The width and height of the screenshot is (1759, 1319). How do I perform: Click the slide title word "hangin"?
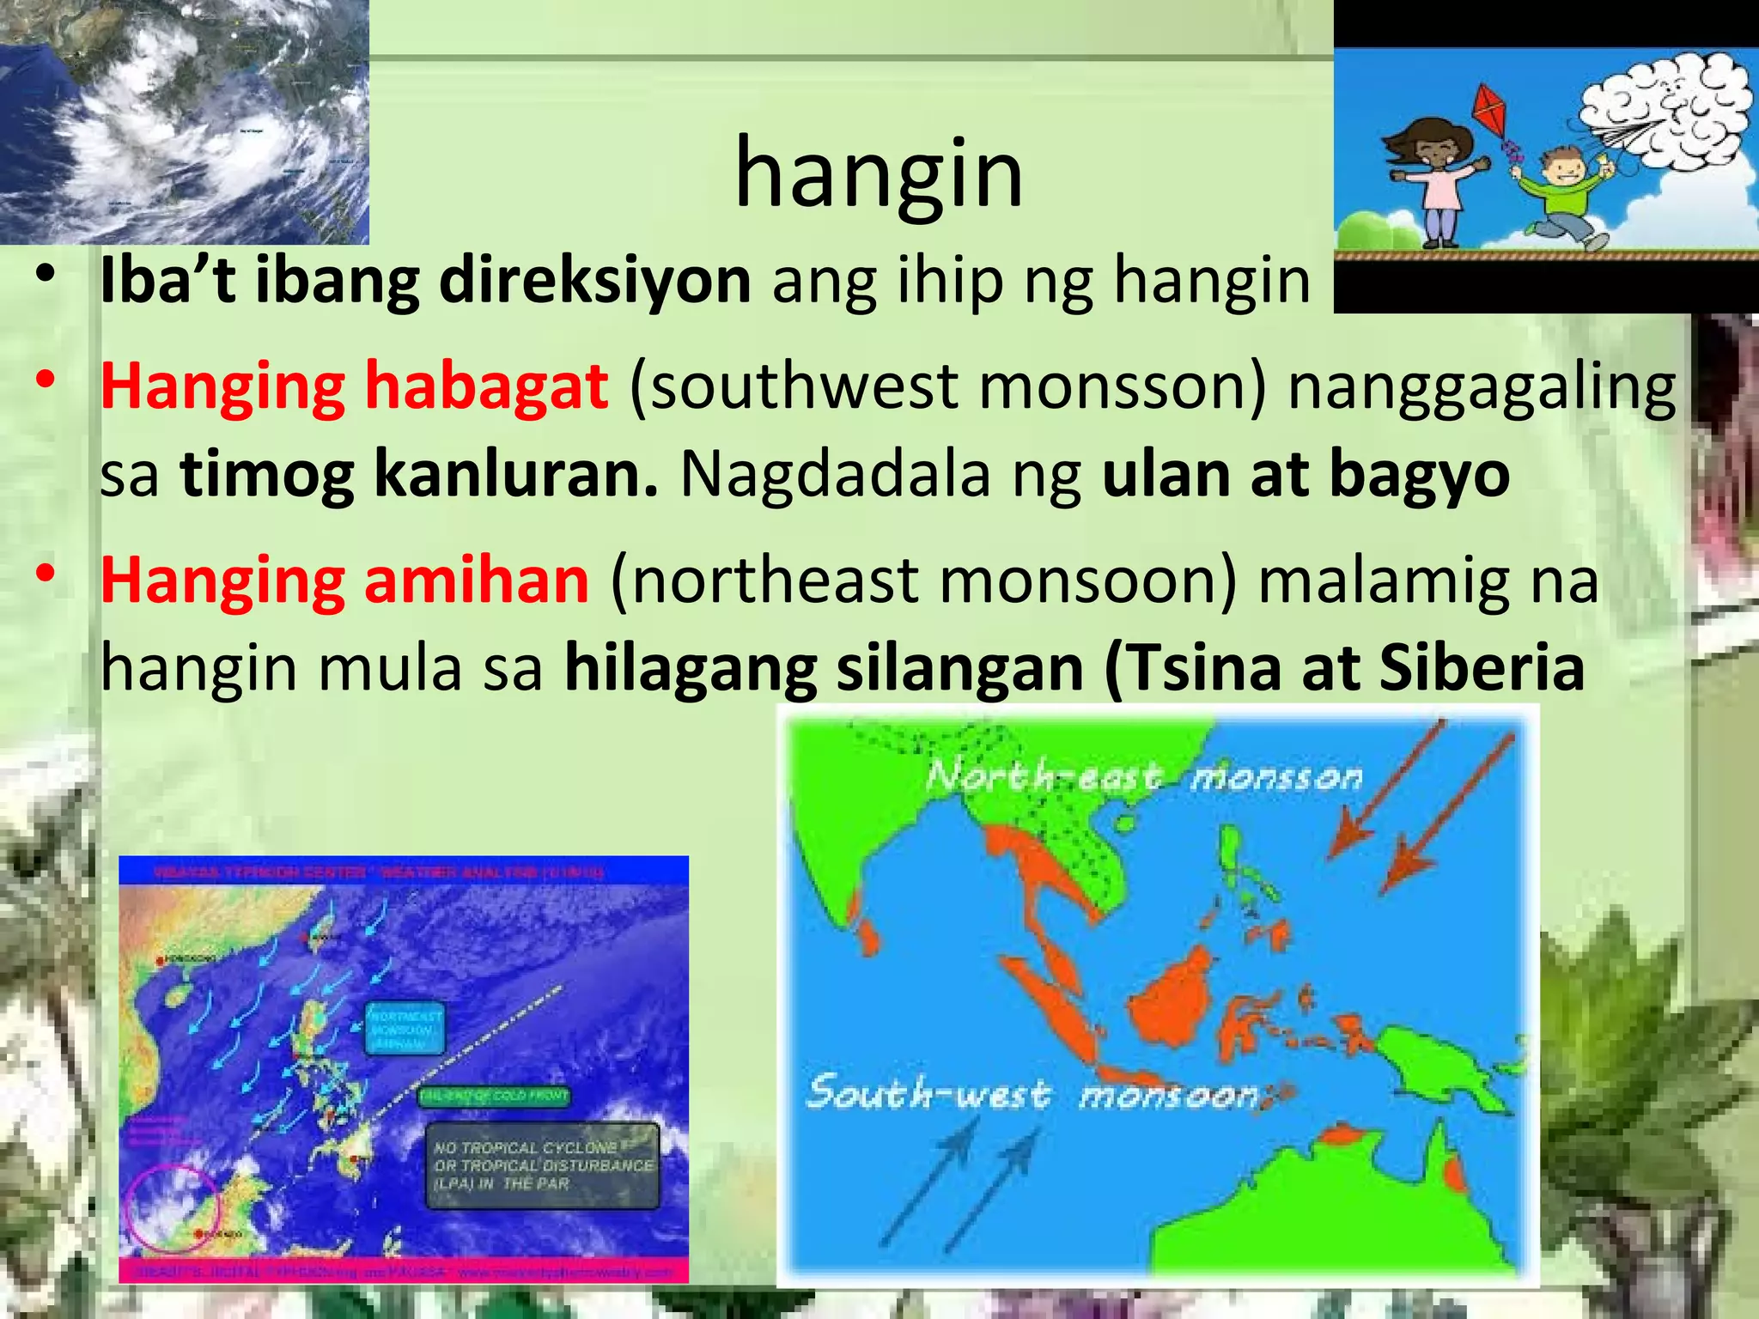[879, 174]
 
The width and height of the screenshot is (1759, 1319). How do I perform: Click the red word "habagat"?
[487, 386]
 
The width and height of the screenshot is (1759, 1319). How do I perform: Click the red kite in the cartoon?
[1495, 111]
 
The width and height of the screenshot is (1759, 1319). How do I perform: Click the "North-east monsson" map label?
[1143, 778]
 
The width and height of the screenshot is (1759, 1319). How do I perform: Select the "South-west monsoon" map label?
[1032, 1094]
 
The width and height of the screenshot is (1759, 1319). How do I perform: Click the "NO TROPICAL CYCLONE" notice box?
[544, 1165]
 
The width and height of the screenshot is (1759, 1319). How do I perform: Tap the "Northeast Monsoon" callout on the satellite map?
[405, 1028]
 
